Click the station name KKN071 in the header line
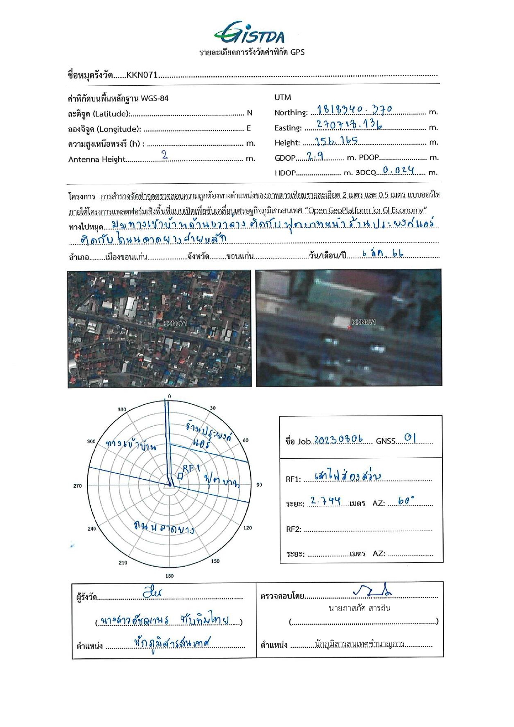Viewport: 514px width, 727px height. [142, 75]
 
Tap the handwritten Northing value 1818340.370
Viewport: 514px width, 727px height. [355, 110]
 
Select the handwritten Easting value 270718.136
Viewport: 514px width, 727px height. [349, 125]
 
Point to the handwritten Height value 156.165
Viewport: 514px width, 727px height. [336, 141]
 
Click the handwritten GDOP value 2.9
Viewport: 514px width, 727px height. [315, 156]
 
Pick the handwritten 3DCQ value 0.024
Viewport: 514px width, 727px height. [398, 170]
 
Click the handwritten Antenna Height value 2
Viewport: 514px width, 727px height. [165, 155]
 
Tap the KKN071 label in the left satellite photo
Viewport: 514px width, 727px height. [175, 324]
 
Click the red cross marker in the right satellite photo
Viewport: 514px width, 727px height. [349, 328]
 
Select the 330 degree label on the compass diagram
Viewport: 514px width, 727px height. [122, 409]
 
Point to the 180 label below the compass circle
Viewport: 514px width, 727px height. [169, 576]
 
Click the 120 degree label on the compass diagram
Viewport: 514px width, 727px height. [248, 528]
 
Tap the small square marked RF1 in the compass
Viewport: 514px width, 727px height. [180, 476]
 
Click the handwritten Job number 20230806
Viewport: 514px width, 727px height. [338, 440]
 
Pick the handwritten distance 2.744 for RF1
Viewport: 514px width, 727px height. [326, 501]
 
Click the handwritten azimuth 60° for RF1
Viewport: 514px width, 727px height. [405, 501]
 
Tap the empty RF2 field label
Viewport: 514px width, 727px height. [293, 529]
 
